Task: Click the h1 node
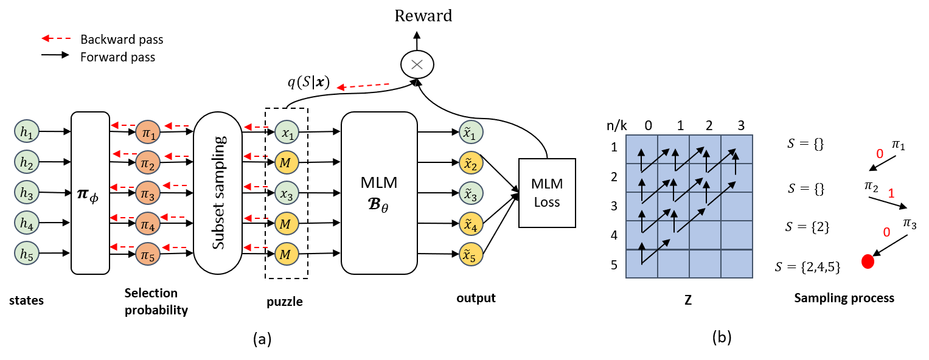point(27,132)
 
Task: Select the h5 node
point(27,253)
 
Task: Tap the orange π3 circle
point(148,193)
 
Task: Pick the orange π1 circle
point(148,133)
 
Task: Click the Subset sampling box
point(218,193)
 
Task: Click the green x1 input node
point(287,133)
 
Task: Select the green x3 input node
point(287,193)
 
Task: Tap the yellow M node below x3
point(287,223)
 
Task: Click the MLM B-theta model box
point(379,193)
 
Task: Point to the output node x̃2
point(471,163)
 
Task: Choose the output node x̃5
point(471,254)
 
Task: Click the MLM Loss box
point(547,193)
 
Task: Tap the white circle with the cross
point(417,64)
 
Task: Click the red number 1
point(891,194)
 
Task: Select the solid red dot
point(868,261)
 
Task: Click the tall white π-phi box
point(90,193)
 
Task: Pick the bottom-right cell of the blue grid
point(737,264)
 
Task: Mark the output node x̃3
point(471,193)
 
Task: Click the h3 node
point(27,193)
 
